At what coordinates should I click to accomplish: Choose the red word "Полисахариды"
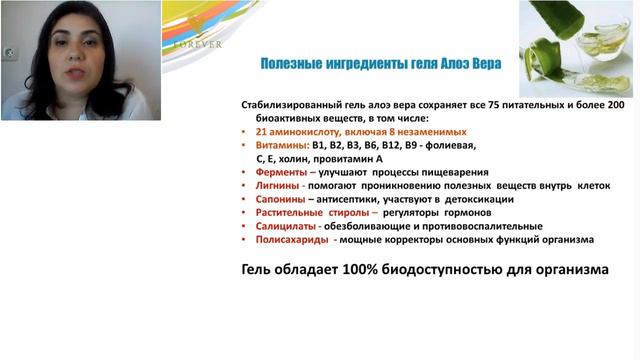(291, 240)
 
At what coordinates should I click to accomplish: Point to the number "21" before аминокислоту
(260, 131)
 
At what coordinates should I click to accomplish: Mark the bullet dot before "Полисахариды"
(245, 240)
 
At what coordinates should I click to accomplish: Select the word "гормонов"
(456, 213)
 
